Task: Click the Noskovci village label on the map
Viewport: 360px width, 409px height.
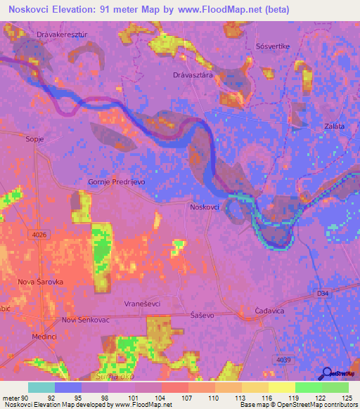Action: [x=205, y=207]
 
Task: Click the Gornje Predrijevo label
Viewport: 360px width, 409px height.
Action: [x=116, y=181]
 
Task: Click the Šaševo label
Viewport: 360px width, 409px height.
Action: [x=202, y=316]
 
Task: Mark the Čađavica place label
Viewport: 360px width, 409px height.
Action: [x=269, y=310]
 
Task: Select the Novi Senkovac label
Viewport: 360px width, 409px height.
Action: [x=87, y=320]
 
